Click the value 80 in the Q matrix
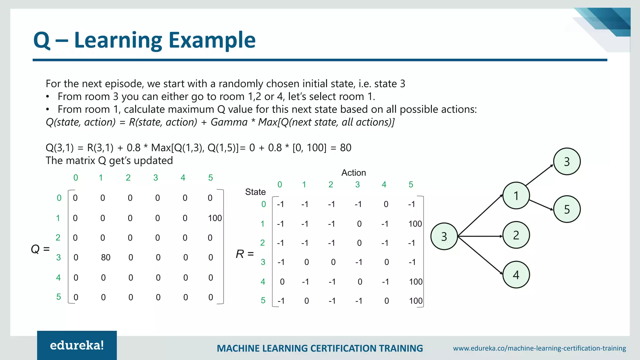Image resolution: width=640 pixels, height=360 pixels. point(106,257)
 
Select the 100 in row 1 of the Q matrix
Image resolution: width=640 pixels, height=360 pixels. point(215,218)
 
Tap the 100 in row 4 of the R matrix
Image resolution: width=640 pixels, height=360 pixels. point(416,282)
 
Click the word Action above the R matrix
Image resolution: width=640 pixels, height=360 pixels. point(353,173)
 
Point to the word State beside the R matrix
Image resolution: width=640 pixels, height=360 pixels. point(255,192)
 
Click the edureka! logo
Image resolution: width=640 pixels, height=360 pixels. point(77,345)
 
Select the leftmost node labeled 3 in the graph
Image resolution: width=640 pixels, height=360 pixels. point(444,237)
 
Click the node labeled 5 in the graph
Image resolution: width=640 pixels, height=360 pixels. point(567,209)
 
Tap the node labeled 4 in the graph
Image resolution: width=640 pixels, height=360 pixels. point(516,275)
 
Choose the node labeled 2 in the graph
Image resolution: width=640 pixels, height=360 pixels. point(516,235)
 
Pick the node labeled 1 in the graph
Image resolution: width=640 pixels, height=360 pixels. point(516,196)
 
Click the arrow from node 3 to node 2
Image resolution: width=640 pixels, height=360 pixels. point(480,236)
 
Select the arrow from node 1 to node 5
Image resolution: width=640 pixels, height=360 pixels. point(541,205)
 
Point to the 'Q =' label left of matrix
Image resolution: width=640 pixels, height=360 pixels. point(40,249)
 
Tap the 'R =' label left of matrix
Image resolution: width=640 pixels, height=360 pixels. point(245,254)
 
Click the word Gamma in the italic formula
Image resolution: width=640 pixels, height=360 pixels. point(229,122)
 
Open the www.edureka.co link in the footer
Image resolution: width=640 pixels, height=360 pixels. point(539,348)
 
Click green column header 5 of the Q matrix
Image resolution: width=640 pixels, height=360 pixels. point(210,178)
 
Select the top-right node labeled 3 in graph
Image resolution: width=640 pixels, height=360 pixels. point(567,162)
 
